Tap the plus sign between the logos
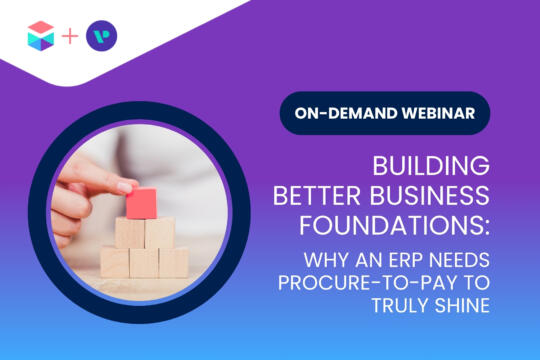69,38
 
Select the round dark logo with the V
101,38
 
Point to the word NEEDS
456,255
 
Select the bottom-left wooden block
116,262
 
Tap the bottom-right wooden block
171,262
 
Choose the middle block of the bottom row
144,262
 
